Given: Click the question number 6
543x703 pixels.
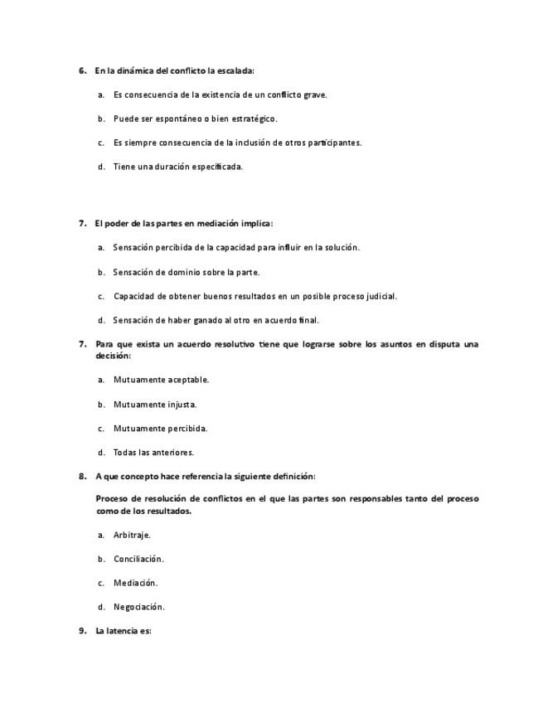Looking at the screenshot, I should pos(82,70).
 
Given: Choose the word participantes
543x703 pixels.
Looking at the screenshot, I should pos(335,143).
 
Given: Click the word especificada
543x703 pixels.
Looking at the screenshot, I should pos(217,167).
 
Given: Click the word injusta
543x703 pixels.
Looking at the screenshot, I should pos(182,405).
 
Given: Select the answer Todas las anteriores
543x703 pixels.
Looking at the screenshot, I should pos(153,453).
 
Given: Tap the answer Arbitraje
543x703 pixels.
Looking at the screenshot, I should pos(132,535).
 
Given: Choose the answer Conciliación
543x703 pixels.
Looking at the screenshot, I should pos(138,559).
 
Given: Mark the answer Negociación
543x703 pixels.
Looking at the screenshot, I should pos(138,607).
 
